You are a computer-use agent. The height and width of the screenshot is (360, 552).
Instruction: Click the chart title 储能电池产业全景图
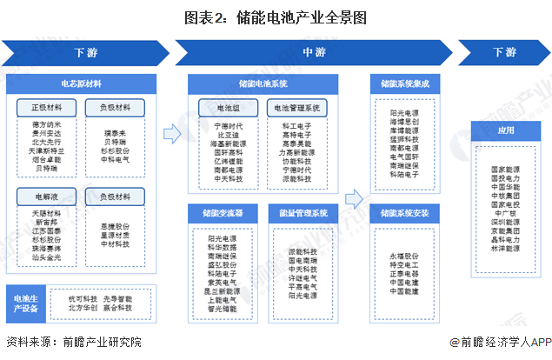[276, 17]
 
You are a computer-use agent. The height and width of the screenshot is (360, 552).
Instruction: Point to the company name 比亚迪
[227, 135]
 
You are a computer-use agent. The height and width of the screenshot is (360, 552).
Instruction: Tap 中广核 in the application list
[505, 211]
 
